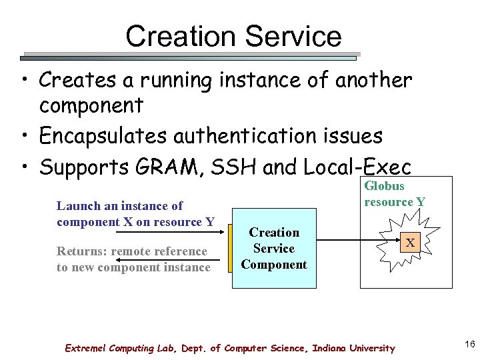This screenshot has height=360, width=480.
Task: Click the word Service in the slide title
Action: pos(296,36)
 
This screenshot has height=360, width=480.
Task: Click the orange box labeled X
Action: pos(411,243)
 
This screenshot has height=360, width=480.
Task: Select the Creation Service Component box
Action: pos(274,249)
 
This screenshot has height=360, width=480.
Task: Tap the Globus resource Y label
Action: pos(394,193)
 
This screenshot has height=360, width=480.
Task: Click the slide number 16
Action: pos(469,344)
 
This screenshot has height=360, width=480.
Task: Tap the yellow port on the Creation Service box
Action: pos(229,249)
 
